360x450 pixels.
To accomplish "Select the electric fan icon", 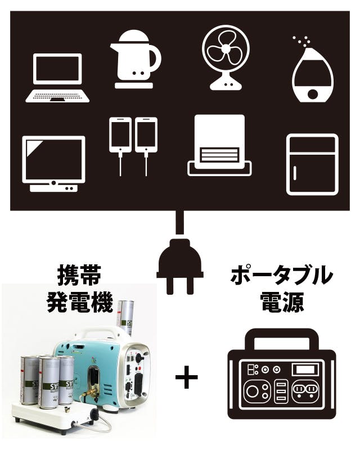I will pyautogui.click(x=226, y=56).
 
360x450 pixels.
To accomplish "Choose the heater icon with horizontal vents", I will pyautogui.click(x=219, y=146).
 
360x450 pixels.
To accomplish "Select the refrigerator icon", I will pyautogui.click(x=312, y=164).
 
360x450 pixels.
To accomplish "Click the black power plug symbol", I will pyautogui.click(x=179, y=264).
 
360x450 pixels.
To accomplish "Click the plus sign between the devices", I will pyautogui.click(x=186, y=378).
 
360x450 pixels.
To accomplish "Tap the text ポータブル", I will pyautogui.click(x=281, y=276).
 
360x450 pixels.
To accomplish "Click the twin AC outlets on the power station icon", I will pyautogui.click(x=307, y=390).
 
